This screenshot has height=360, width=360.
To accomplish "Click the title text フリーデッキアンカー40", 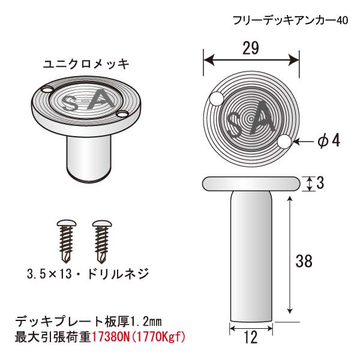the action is coord(290,20).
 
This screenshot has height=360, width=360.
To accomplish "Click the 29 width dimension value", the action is coord(251,48).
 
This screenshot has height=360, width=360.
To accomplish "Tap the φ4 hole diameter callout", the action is coord(329,140).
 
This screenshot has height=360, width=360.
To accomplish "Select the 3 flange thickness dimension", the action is coord(320,183).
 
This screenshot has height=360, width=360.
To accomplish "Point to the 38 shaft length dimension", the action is coord(304,261).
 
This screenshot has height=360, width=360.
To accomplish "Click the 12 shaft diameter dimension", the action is coord(251,337).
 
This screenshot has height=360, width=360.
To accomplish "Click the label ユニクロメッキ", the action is coord(86,64).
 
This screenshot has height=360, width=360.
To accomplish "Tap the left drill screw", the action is coord(67,242).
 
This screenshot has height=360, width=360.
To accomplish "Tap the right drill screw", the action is coord(102,242).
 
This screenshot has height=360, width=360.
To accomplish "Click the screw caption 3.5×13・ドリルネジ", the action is coord(88,274).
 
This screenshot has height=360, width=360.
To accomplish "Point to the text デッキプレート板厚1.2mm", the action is coord(88,322).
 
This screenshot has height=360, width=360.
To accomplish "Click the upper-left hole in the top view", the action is coord(217,99).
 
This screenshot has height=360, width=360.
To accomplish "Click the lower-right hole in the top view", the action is coord(284,142).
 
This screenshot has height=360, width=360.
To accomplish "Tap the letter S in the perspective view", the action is coord(70,104).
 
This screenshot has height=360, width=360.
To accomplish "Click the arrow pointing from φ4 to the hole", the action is coord(304,142).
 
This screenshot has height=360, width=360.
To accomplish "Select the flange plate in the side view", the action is coord(251,184).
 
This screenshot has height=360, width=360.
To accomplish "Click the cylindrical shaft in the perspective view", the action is coord(89,159).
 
